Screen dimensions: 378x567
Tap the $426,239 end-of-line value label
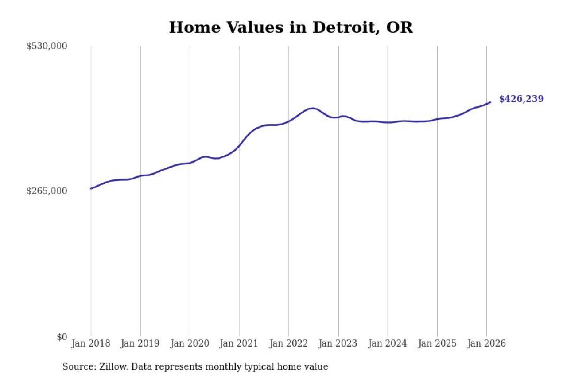521,99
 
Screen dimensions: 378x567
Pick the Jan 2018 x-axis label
91,343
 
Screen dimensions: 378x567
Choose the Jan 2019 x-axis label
140,343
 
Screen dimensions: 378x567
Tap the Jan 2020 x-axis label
190,343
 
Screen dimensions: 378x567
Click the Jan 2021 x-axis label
240,343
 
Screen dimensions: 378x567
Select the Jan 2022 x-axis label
289,343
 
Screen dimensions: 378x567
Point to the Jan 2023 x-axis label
338,343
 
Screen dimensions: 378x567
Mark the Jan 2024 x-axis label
388,343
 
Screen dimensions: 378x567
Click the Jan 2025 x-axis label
437,343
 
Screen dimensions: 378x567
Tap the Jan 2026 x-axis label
486,343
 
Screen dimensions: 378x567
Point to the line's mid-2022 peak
313,108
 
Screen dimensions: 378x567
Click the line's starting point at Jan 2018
91,189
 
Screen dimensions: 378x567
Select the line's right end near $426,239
490,102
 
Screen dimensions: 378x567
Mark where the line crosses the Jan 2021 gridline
240,144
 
